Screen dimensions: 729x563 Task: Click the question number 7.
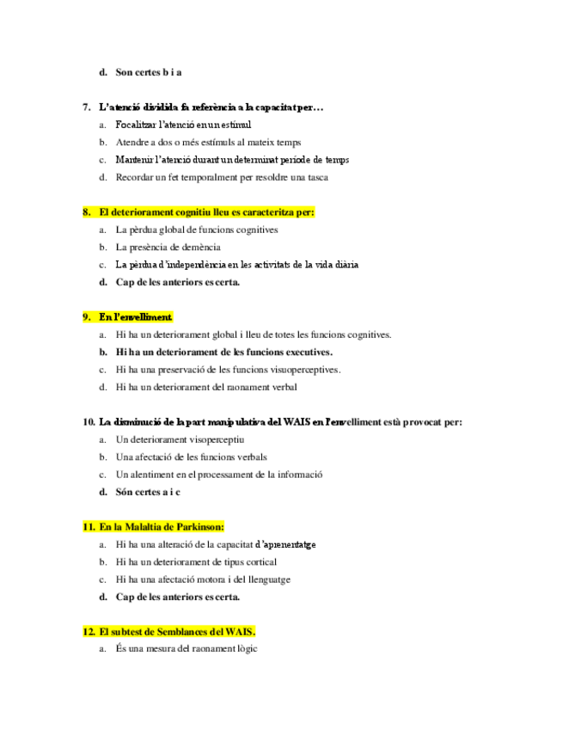pos(87,107)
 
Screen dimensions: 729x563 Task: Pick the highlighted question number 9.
pos(87,317)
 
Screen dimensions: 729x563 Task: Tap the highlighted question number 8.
pos(87,212)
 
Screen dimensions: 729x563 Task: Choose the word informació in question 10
pos(299,475)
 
